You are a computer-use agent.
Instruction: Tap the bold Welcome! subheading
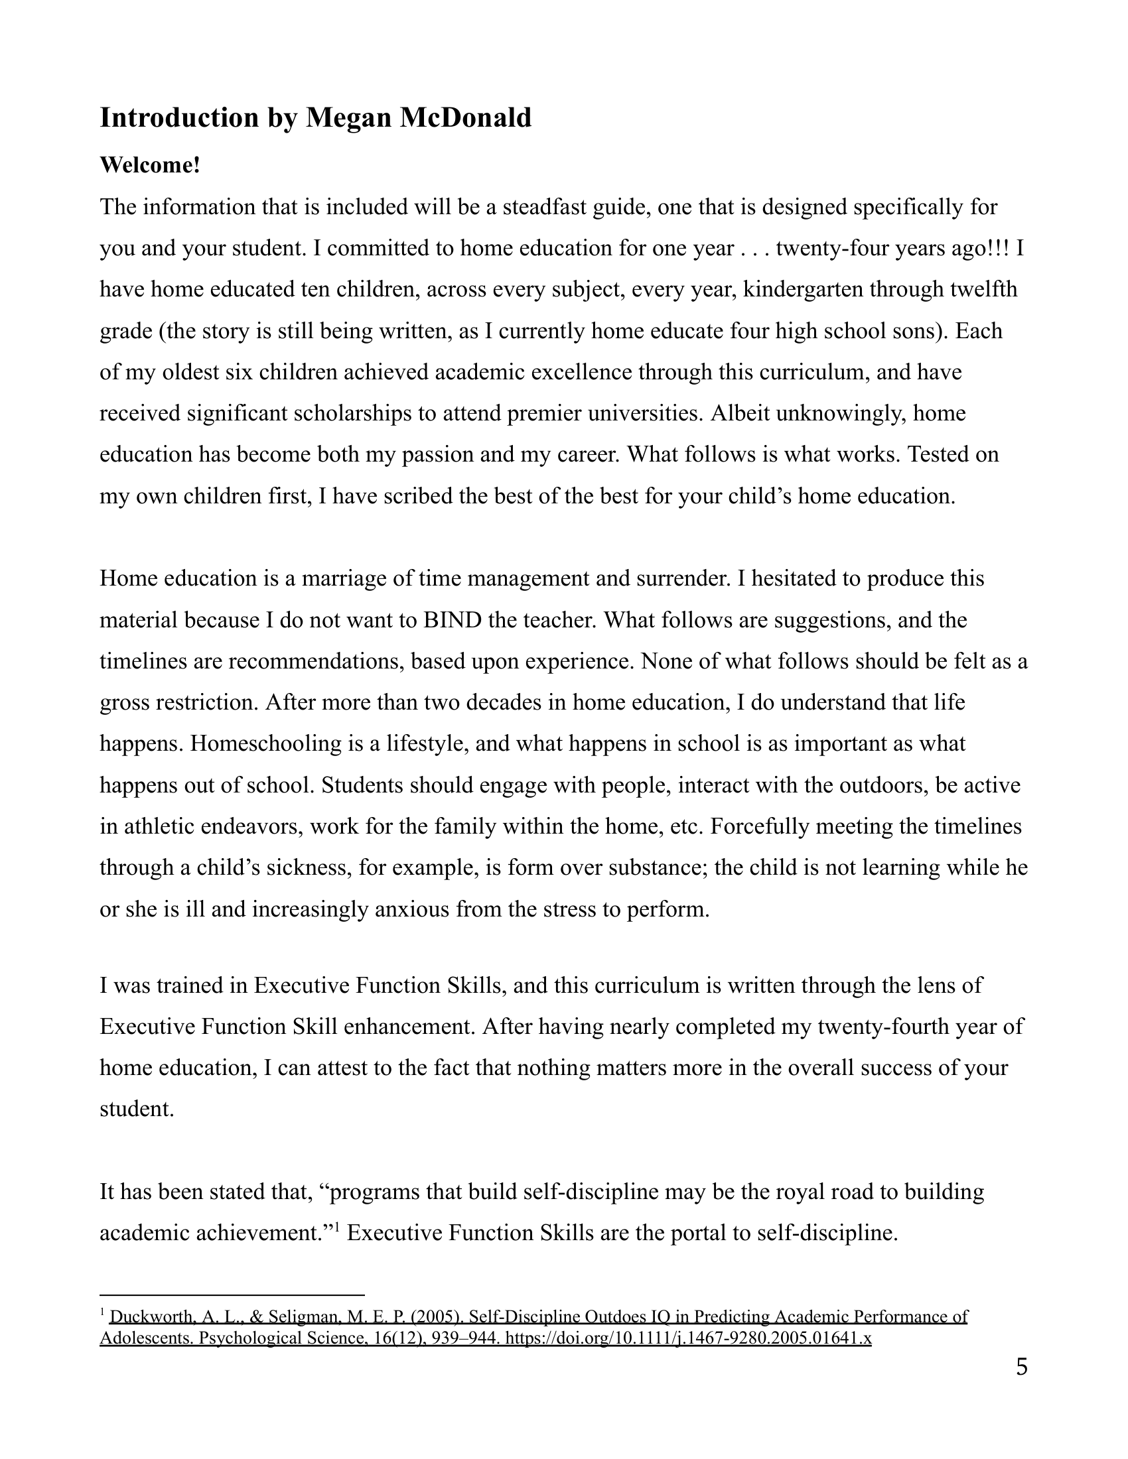pos(150,165)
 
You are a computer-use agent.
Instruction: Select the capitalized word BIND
pos(453,620)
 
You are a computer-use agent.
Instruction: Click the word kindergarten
pos(806,289)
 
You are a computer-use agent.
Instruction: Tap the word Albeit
pos(739,413)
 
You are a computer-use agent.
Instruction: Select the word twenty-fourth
pos(882,1026)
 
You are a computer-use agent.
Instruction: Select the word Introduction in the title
pos(179,117)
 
